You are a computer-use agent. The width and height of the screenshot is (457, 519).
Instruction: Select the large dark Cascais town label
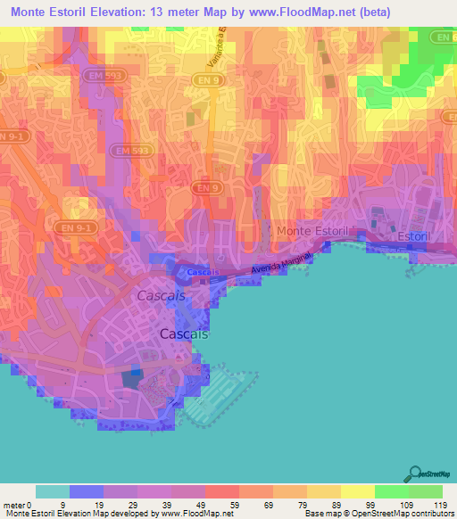pyautogui.click(x=184, y=334)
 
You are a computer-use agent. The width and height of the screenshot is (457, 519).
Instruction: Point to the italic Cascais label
pyautogui.click(x=162, y=295)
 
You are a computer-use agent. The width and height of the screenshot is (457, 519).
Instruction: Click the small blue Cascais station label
pyautogui.click(x=204, y=272)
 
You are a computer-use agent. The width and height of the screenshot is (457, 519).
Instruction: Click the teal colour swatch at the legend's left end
pyautogui.click(x=52, y=491)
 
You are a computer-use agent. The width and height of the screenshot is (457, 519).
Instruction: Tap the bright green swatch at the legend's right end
pyautogui.click(x=426, y=491)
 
